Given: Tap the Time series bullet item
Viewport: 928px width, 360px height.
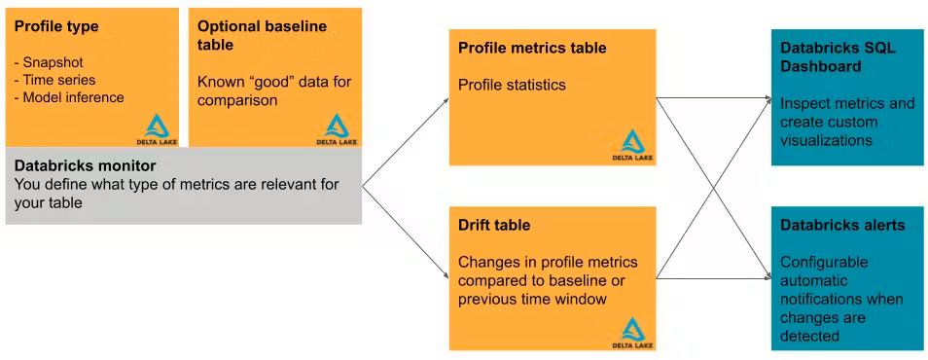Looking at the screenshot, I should [55, 79].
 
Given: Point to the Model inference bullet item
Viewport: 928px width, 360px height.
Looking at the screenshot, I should [69, 96].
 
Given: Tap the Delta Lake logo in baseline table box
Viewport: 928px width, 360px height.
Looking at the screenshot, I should [337, 126].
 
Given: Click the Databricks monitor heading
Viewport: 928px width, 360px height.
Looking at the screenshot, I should [85, 165].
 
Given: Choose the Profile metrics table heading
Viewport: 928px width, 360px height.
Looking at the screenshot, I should [531, 48].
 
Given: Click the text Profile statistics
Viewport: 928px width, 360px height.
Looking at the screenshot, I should [512, 85].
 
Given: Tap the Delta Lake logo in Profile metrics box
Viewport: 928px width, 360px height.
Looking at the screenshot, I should [633, 146].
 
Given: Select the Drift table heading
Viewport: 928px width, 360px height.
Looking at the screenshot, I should [494, 225].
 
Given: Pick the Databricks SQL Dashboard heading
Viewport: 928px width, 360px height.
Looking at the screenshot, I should [835, 55].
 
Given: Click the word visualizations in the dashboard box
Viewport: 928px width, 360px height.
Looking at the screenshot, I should [826, 140].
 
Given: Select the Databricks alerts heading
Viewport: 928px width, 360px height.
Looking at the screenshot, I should [842, 225].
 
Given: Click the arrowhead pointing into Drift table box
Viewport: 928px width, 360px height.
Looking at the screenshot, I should [445, 273].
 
